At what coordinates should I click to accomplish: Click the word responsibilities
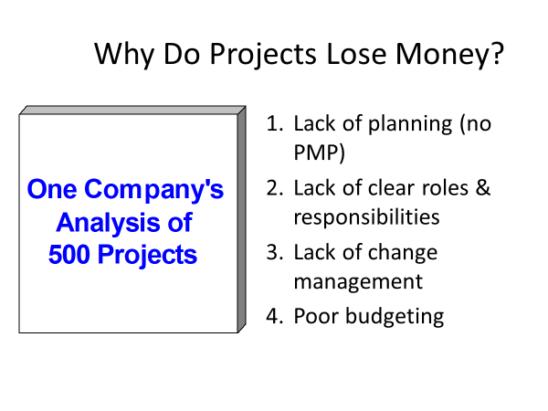coord(366,217)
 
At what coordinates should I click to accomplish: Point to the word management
coord(358,281)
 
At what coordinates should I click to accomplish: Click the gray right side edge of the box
coord(242,219)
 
